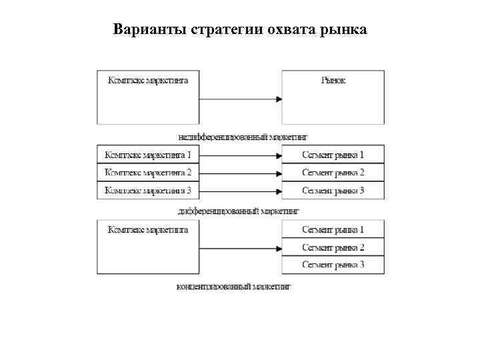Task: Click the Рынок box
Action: point(333,97)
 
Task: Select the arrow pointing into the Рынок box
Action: point(240,99)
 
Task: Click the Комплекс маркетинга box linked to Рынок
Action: point(148,97)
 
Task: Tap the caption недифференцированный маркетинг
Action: point(243,137)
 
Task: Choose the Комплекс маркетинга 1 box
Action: point(148,155)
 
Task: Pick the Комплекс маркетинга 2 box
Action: point(148,173)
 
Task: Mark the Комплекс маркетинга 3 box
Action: point(148,190)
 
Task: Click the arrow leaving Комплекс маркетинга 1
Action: point(240,156)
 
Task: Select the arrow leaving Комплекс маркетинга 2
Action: point(240,173)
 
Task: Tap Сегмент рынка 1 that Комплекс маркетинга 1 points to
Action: point(333,155)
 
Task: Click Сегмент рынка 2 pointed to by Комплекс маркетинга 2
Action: point(333,173)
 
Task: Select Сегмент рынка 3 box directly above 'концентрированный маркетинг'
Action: point(333,265)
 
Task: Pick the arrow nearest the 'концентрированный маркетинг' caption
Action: point(240,248)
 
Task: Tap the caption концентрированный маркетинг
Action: point(234,287)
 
